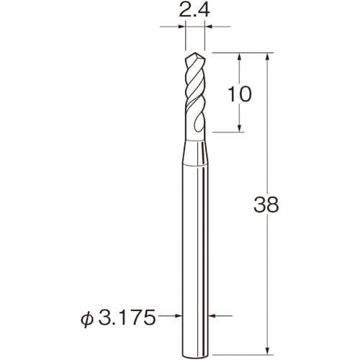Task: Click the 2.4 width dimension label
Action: (x=194, y=11)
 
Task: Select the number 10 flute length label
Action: (x=240, y=94)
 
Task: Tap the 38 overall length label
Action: (x=266, y=204)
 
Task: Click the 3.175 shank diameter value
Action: (x=127, y=318)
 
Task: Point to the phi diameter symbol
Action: (x=86, y=318)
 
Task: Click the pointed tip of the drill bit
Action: (x=195, y=53)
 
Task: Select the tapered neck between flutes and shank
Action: (x=195, y=153)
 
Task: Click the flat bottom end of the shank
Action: (x=195, y=354)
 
